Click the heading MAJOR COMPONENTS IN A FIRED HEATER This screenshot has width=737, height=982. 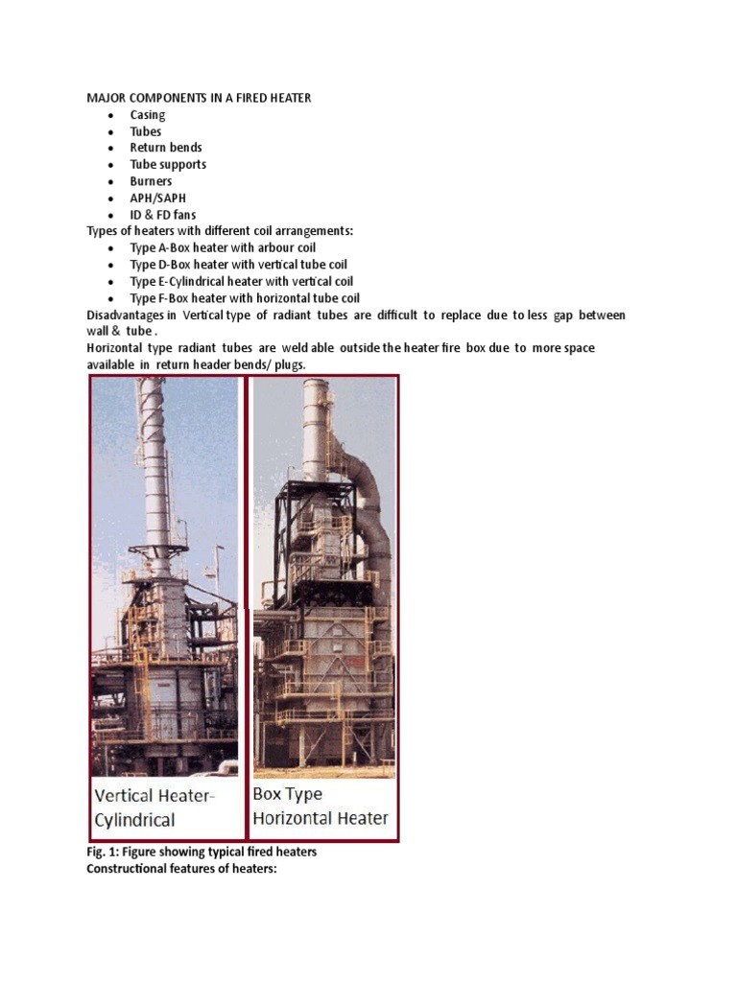coord(199,98)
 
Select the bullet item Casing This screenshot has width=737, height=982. coord(148,115)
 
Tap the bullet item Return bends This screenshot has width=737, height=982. coord(166,148)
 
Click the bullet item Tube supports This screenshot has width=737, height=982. coord(168,164)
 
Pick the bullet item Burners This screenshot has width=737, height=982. coord(152,181)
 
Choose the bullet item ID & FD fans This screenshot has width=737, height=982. coord(163,215)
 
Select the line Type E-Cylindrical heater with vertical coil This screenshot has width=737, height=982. coord(242,281)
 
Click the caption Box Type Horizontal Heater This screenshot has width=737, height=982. coord(320,806)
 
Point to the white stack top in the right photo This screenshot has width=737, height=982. coord(317,393)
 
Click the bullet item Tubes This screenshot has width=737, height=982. coord(146,131)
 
